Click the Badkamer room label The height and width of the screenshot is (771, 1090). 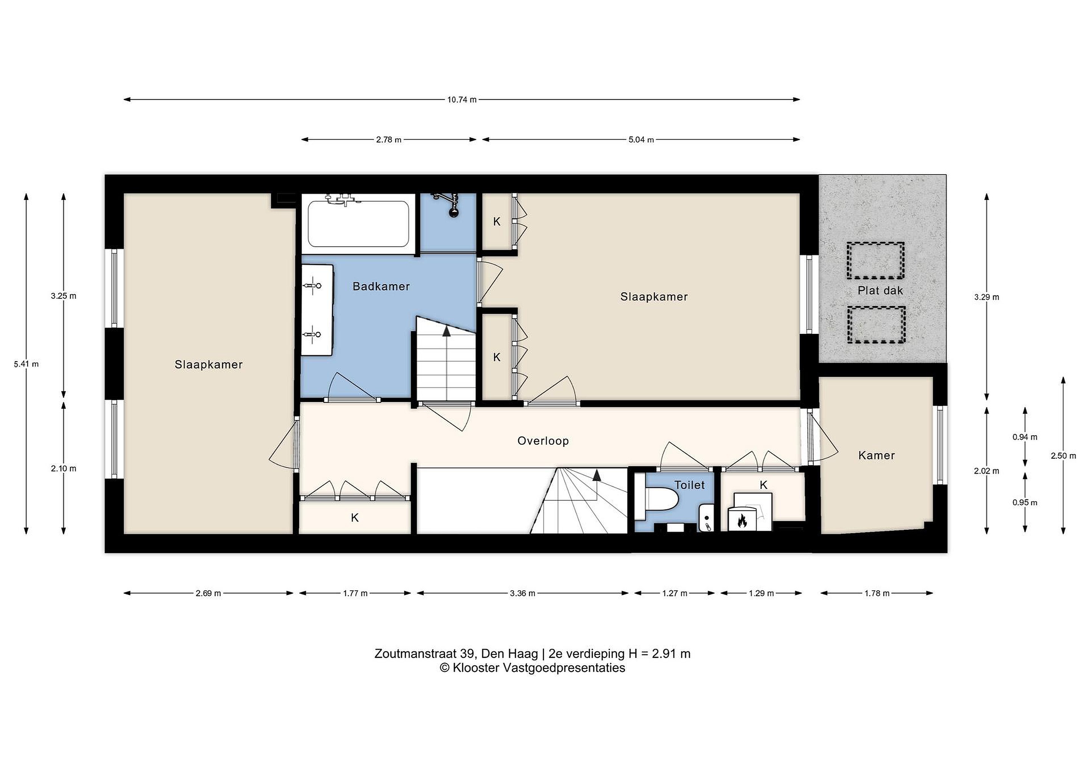click(381, 286)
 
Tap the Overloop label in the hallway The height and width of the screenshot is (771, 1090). click(543, 441)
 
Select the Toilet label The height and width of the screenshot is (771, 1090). click(690, 485)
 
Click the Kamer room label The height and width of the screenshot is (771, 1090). click(877, 456)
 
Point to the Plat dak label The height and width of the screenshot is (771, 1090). click(880, 291)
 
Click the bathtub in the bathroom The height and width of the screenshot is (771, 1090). click(358, 224)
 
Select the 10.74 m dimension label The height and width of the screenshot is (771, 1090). click(461, 100)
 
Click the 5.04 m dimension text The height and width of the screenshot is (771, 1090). click(641, 140)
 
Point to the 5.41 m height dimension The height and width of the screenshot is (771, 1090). click(26, 364)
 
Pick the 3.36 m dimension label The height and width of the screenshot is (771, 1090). click(522, 593)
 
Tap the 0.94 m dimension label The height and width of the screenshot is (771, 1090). click(1025, 437)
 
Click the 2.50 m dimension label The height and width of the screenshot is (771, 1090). click(1064, 456)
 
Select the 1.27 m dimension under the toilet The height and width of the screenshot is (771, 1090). click(674, 593)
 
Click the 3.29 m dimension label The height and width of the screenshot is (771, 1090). click(987, 297)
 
